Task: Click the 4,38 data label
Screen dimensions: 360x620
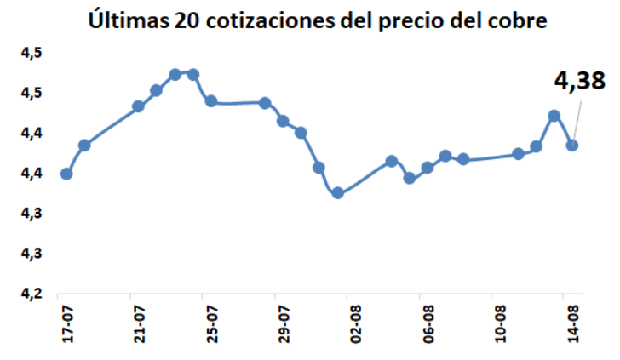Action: (x=580, y=81)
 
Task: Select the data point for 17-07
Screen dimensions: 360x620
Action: (x=66, y=174)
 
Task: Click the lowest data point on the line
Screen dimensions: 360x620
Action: (x=337, y=193)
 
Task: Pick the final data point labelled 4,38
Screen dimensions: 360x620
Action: (x=572, y=145)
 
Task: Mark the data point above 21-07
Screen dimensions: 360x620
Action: (x=138, y=106)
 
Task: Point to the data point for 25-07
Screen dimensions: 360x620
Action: (x=210, y=101)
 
